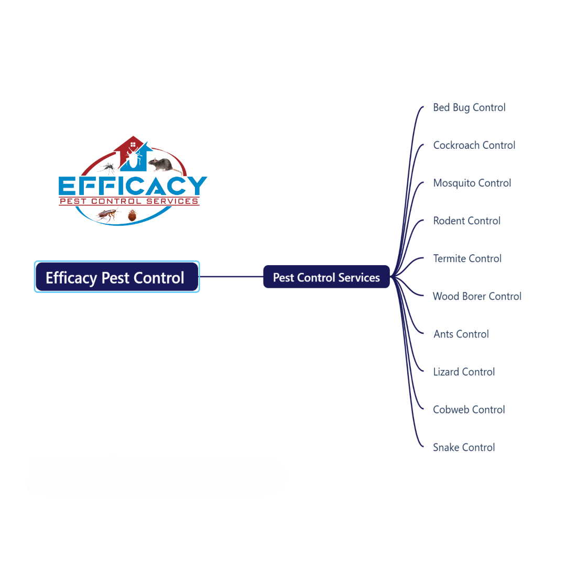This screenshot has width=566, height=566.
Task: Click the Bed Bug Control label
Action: coord(469,107)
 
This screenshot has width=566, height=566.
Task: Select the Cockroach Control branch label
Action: coord(474,145)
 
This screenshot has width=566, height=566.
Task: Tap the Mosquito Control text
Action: coord(472,183)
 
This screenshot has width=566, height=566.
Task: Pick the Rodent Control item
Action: coord(466,221)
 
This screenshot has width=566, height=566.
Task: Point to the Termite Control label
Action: coord(467,258)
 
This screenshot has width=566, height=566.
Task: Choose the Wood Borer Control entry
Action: coord(477,296)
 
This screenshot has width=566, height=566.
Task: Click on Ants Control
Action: coord(461,334)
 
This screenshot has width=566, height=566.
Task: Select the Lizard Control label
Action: coord(464,372)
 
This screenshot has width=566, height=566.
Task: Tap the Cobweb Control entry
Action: coord(469,409)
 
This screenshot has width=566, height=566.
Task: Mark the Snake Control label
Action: coord(464,447)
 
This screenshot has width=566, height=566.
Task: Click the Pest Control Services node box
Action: coord(326,277)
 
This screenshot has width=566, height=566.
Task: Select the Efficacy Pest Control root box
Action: coord(116,277)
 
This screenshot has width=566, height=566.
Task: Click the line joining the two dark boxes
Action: coord(231,277)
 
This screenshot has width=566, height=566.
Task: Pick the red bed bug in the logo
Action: coord(132,214)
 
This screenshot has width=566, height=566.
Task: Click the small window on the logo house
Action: coord(133,144)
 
